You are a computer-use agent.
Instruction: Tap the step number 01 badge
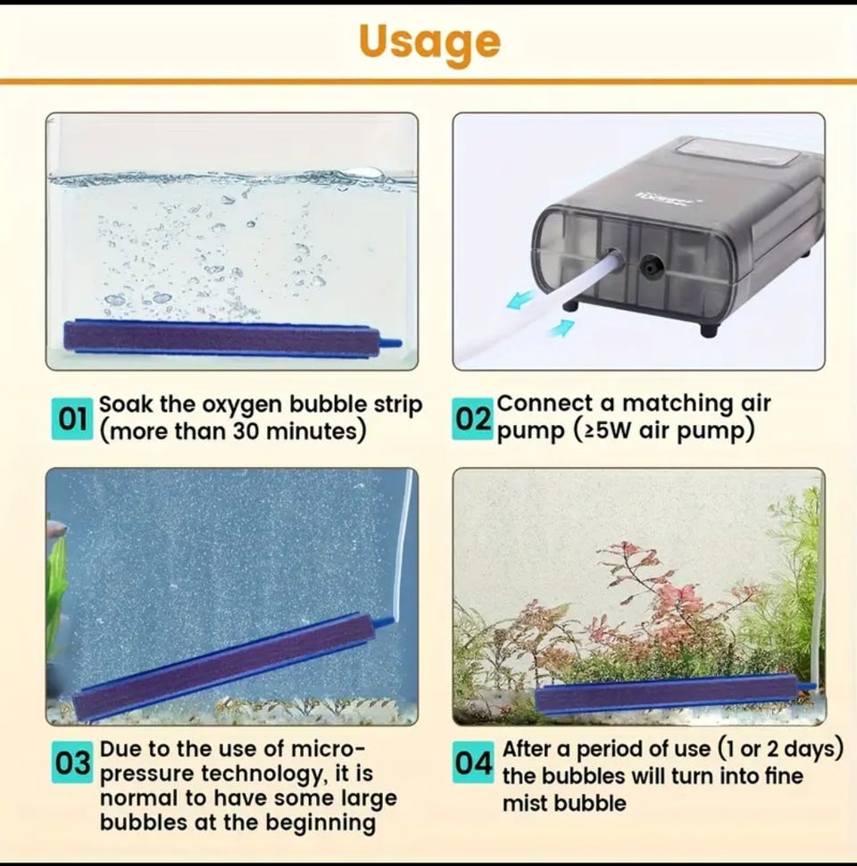pyautogui.click(x=72, y=420)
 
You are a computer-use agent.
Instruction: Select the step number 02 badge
pyautogui.click(x=472, y=420)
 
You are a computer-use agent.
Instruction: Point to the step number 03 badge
pyautogui.click(x=72, y=762)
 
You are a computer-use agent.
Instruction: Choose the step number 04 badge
pyautogui.click(x=472, y=762)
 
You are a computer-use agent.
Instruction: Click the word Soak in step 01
pyautogui.click(x=125, y=404)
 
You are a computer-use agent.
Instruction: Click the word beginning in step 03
pyautogui.click(x=320, y=823)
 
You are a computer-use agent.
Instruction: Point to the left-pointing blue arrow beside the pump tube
pyautogui.click(x=521, y=300)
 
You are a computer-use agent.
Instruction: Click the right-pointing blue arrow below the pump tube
pyautogui.click(x=560, y=329)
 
